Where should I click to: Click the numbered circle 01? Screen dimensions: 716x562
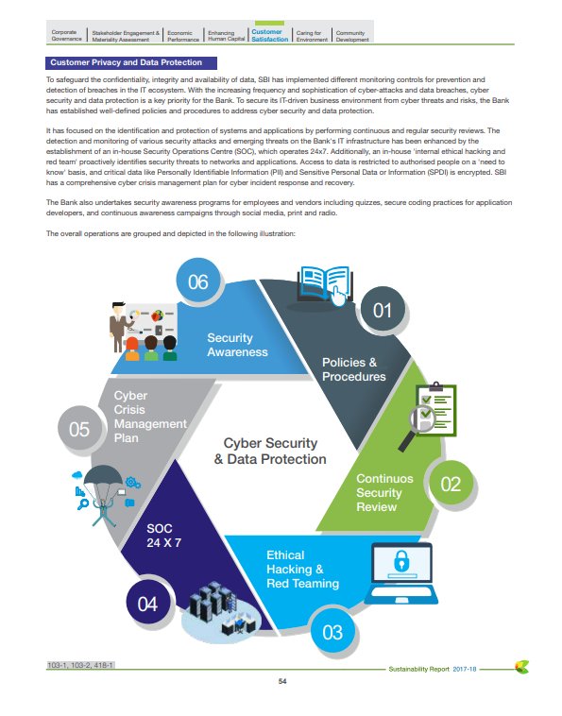pyautogui.click(x=383, y=309)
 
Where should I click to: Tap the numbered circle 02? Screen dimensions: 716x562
pyautogui.click(x=451, y=485)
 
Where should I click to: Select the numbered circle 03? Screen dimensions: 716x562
pyautogui.click(x=332, y=632)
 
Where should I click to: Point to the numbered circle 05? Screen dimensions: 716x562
pyautogui.click(x=79, y=430)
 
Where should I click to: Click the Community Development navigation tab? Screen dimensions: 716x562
pyautogui.click(x=352, y=36)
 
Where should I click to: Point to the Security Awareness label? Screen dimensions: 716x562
pyautogui.click(x=237, y=345)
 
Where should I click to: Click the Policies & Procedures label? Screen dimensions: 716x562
pyautogui.click(x=354, y=369)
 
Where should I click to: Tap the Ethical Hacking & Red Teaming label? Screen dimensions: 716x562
pyautogui.click(x=302, y=570)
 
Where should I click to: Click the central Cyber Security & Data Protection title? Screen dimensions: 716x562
pyautogui.click(x=270, y=452)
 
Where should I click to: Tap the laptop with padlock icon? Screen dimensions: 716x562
pyautogui.click(x=398, y=572)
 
